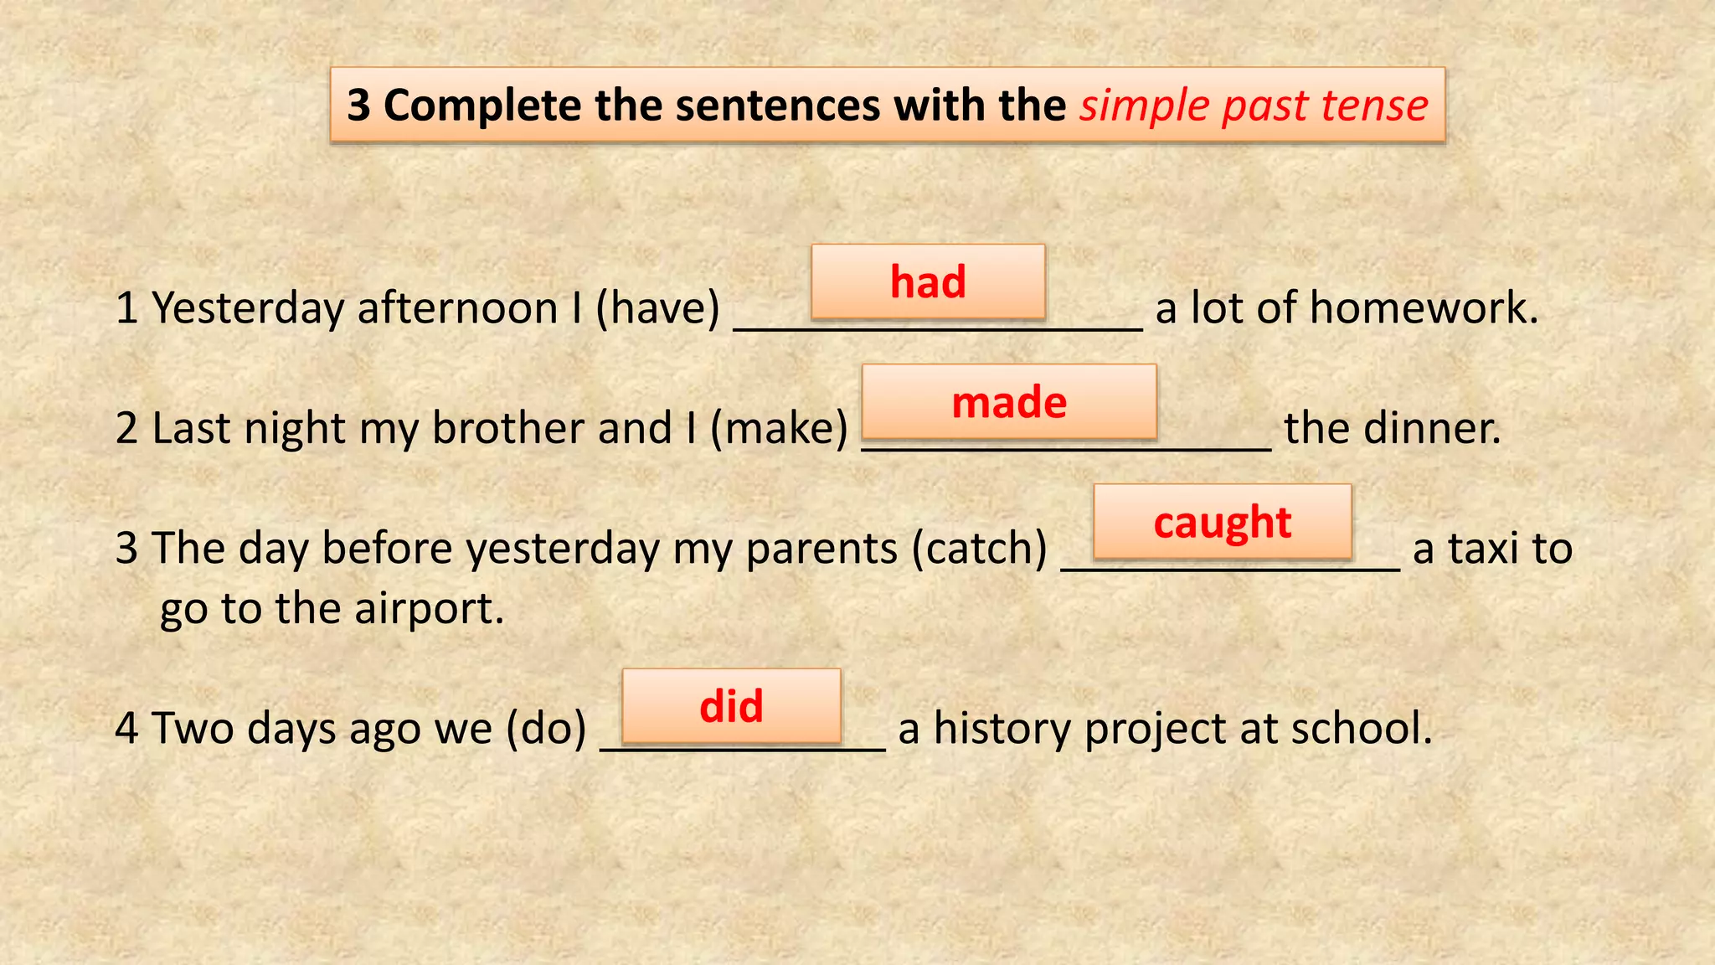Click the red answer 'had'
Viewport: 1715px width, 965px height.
[x=928, y=281]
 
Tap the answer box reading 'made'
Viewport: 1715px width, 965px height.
[x=1009, y=402]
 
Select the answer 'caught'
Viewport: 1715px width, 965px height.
[x=1222, y=523]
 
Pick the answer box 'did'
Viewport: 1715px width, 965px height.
[x=731, y=706]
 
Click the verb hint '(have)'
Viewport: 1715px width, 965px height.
[x=657, y=307]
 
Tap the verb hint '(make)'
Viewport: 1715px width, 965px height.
[x=779, y=428]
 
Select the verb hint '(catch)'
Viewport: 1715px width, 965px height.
[x=980, y=549]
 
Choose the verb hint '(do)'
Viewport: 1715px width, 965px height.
[x=546, y=728]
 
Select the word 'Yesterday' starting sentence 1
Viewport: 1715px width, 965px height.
[x=248, y=307]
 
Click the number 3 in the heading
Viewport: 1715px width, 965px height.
[x=358, y=106]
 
